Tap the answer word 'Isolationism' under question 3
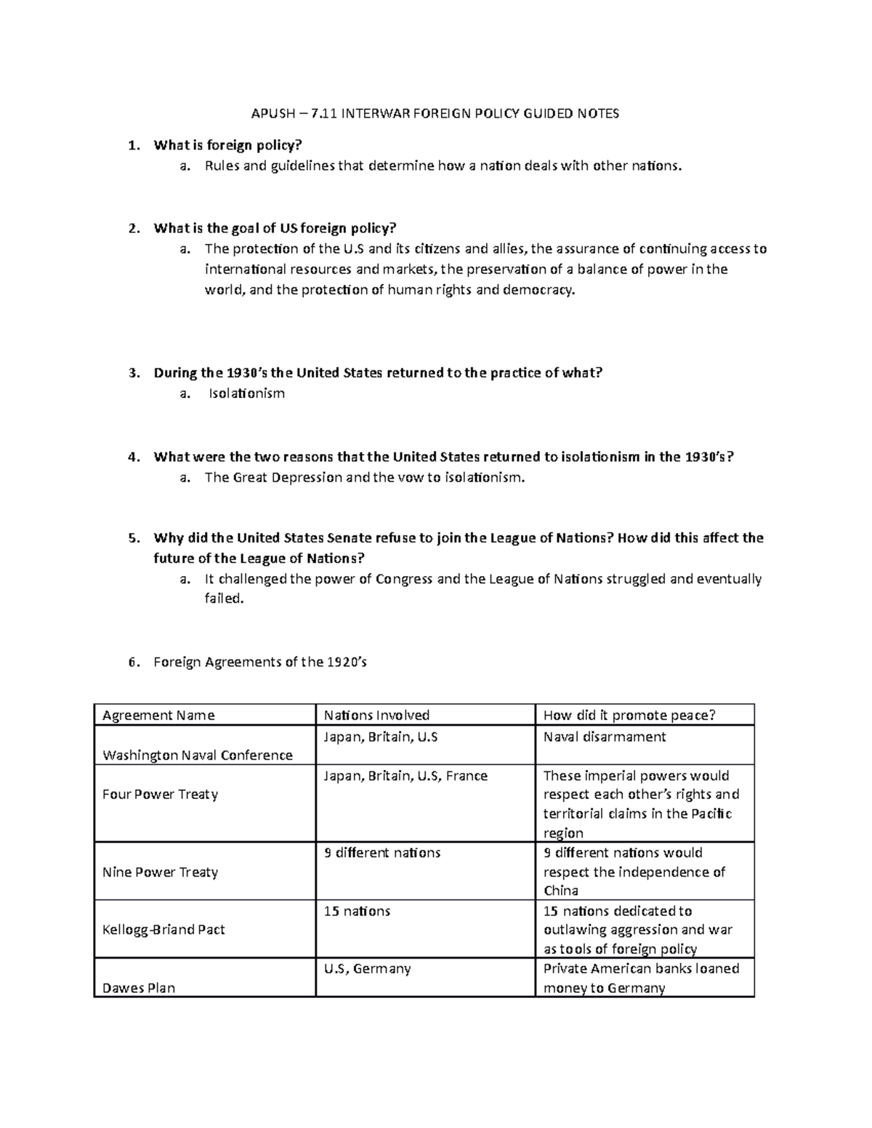click(x=246, y=394)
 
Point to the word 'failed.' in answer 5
click(x=224, y=599)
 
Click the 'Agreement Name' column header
click(x=158, y=715)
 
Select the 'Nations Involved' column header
click(x=376, y=715)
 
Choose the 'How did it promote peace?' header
click(x=629, y=715)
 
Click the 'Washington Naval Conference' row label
click(x=198, y=755)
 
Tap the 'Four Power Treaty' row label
click(x=161, y=794)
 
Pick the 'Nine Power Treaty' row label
click(x=161, y=872)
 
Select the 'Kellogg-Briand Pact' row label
click(x=163, y=930)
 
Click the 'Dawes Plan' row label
click(x=139, y=988)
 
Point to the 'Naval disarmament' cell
click(x=605, y=737)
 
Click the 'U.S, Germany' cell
click(x=367, y=969)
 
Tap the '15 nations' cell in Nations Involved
click(x=357, y=911)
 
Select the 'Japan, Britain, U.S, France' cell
click(x=405, y=776)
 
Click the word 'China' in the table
click(x=561, y=891)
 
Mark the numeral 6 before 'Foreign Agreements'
click(x=132, y=662)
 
